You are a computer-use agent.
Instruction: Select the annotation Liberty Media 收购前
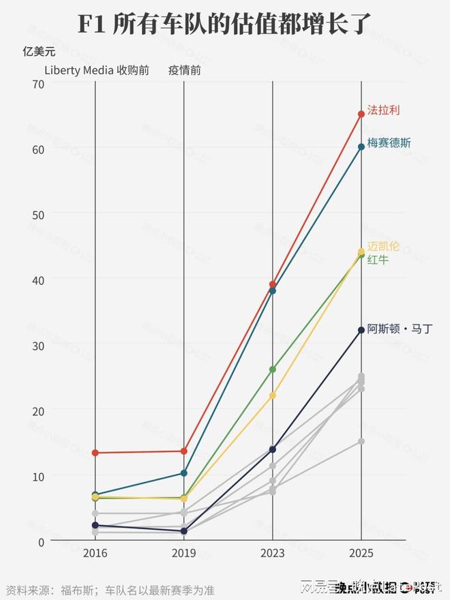[97, 70]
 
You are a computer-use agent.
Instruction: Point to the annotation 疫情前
[184, 70]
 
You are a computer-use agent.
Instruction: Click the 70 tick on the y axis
[38, 84]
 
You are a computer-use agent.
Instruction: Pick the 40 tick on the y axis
[38, 280]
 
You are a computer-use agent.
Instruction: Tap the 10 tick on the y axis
[38, 476]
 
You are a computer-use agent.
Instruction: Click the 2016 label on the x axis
[95, 554]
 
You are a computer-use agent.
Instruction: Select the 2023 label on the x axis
[273, 554]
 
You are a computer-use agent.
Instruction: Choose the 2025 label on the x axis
[361, 554]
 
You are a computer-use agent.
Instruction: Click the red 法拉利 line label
[382, 110]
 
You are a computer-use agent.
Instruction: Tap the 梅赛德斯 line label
[389, 143]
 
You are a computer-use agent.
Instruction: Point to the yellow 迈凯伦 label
[383, 246]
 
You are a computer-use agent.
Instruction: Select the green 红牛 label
[378, 260]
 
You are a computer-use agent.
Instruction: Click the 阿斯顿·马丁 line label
[400, 329]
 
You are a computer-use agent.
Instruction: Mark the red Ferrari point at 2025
[361, 115]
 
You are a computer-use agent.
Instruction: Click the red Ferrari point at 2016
[95, 453]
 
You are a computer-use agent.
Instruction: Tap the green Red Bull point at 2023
[273, 370]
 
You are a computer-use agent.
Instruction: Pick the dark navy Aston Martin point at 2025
[361, 331]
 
